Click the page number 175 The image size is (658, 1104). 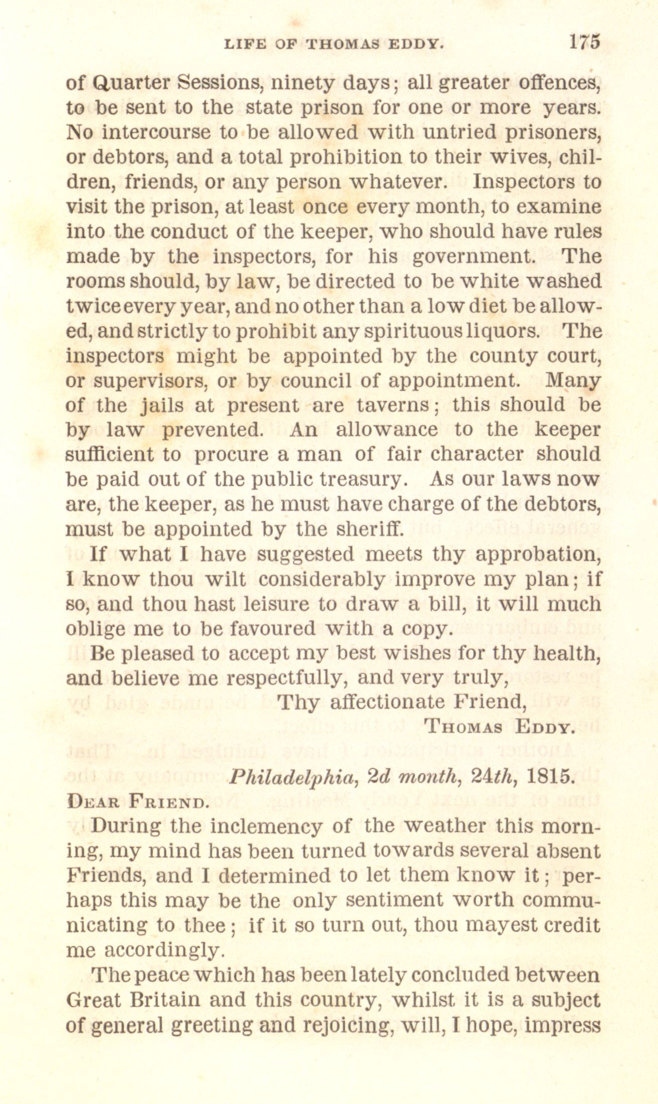click(x=584, y=42)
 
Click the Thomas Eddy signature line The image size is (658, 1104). click(x=498, y=727)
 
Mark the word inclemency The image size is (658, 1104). click(x=267, y=826)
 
